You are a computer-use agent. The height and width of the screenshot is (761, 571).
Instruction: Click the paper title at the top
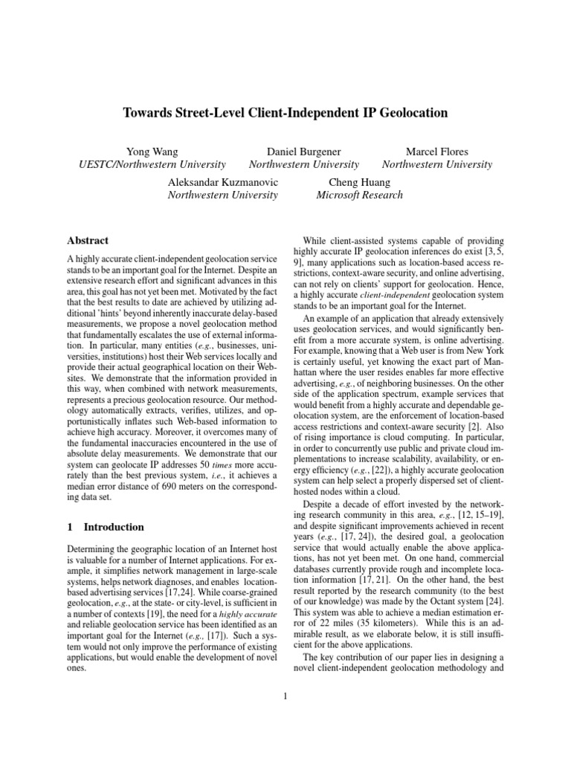(x=285, y=113)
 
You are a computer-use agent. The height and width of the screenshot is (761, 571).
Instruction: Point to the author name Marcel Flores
(x=436, y=151)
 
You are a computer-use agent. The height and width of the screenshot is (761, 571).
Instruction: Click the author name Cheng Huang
(x=359, y=181)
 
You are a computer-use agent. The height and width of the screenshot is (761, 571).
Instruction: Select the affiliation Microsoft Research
(x=359, y=195)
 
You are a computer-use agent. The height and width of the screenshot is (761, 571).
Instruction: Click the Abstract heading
(x=88, y=241)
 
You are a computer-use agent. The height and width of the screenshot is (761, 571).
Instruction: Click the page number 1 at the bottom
(x=285, y=696)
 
